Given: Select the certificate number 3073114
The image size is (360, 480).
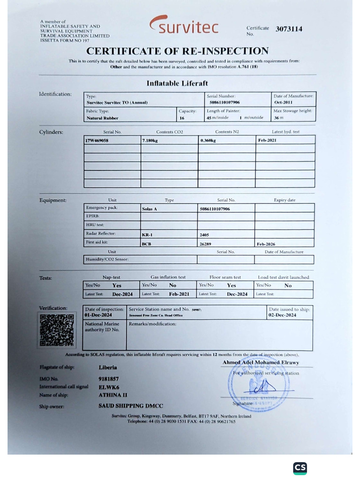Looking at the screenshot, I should pyautogui.click(x=289, y=29).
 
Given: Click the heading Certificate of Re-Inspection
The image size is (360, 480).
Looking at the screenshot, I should pyautogui.click(x=177, y=51).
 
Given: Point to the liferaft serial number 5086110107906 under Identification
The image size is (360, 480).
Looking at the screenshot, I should pyautogui.click(x=225, y=102).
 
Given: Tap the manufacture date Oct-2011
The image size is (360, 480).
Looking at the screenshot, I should pyautogui.click(x=283, y=102).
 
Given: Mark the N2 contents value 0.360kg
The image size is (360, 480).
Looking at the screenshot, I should pyautogui.click(x=208, y=140).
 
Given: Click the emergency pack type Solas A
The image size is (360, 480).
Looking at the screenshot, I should pyautogui.click(x=149, y=209).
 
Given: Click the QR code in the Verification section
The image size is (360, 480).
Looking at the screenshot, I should pyautogui.click(x=57, y=330).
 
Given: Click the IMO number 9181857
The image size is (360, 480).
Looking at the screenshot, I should pyautogui.click(x=108, y=378).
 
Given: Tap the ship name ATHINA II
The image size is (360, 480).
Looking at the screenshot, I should pyautogui.click(x=112, y=395).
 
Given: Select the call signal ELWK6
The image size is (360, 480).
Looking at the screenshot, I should pyautogui.click(x=109, y=387).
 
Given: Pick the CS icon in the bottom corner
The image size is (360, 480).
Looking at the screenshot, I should pyautogui.click(x=300, y=468).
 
